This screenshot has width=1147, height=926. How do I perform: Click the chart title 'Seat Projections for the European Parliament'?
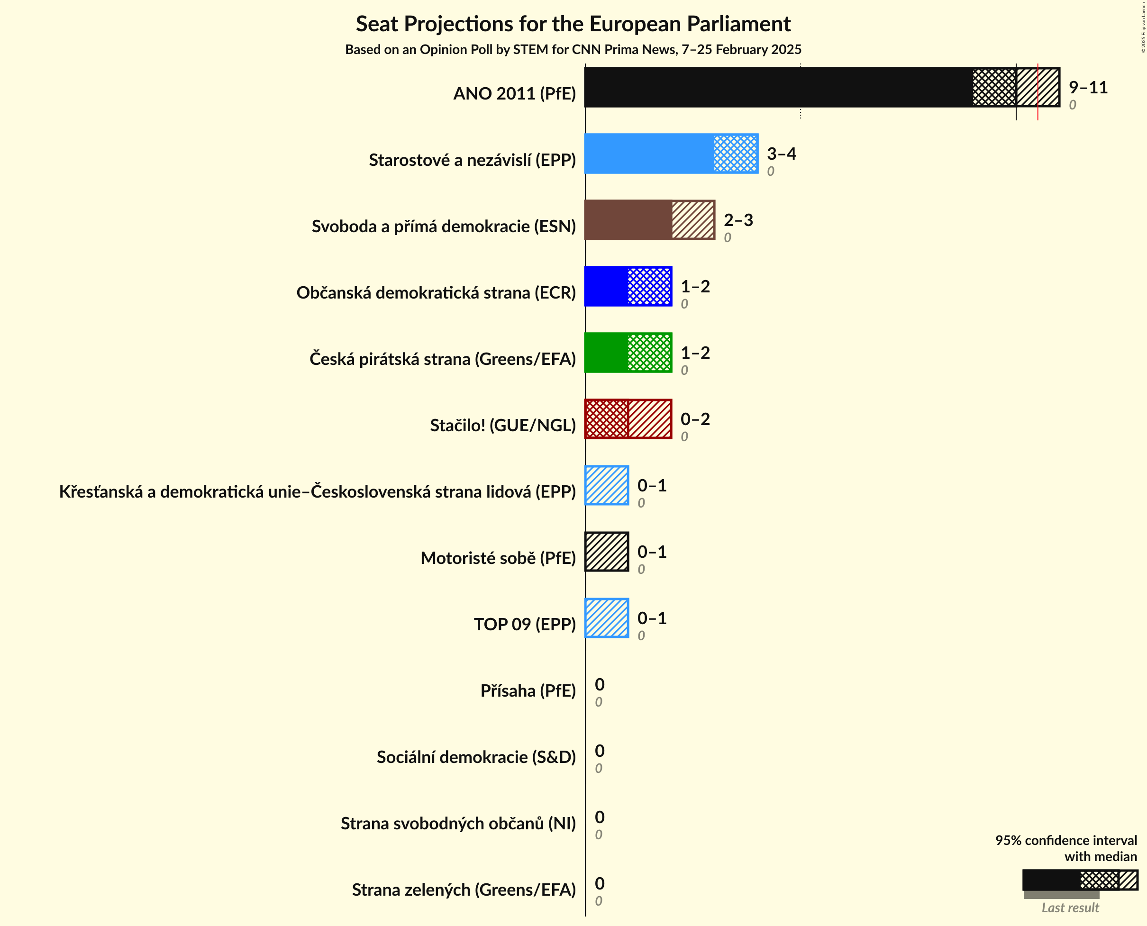point(573,24)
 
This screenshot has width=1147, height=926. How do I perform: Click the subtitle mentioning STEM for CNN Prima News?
point(573,50)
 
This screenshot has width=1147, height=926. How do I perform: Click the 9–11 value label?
point(1088,88)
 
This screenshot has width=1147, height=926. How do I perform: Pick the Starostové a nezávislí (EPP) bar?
point(671,154)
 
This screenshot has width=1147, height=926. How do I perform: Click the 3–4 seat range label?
point(781,154)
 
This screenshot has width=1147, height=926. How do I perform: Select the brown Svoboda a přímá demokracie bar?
point(649,220)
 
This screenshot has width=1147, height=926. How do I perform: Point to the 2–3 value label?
point(738,220)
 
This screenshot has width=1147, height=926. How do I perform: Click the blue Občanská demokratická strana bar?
point(628,286)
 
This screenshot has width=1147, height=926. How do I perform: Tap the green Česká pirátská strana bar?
point(628,353)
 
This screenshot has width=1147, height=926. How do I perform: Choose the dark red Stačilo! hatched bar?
point(628,419)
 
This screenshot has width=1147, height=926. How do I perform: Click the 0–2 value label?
point(695,419)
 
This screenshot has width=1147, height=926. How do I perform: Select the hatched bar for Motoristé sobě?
point(607,552)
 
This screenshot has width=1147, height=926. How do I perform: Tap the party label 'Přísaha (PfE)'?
point(528,691)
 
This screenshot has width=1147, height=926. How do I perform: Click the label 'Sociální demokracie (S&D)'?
point(476,757)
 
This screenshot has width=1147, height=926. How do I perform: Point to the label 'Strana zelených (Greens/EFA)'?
point(464,890)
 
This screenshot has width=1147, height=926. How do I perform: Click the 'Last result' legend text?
point(1070,908)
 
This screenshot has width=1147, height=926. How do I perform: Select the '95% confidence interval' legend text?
point(1065,841)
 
